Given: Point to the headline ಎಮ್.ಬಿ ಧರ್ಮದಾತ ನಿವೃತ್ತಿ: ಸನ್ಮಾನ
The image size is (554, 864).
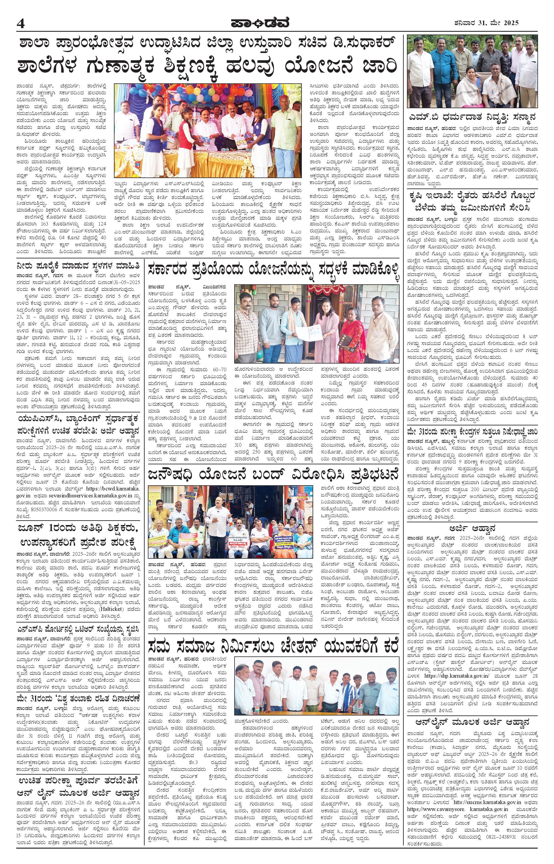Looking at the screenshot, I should point(472,117).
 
